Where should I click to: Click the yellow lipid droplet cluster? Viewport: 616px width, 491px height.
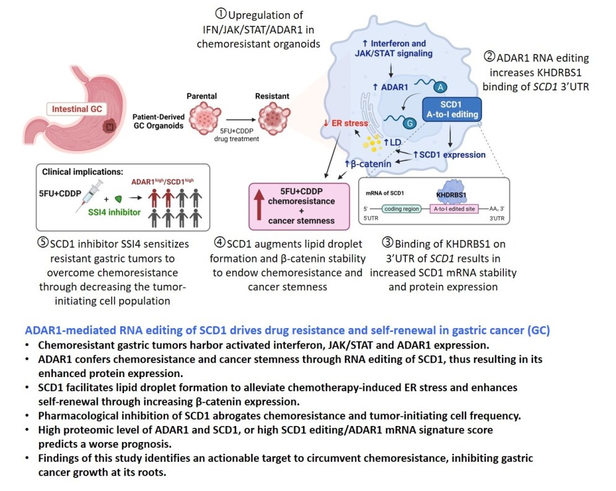coord(378,144)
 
